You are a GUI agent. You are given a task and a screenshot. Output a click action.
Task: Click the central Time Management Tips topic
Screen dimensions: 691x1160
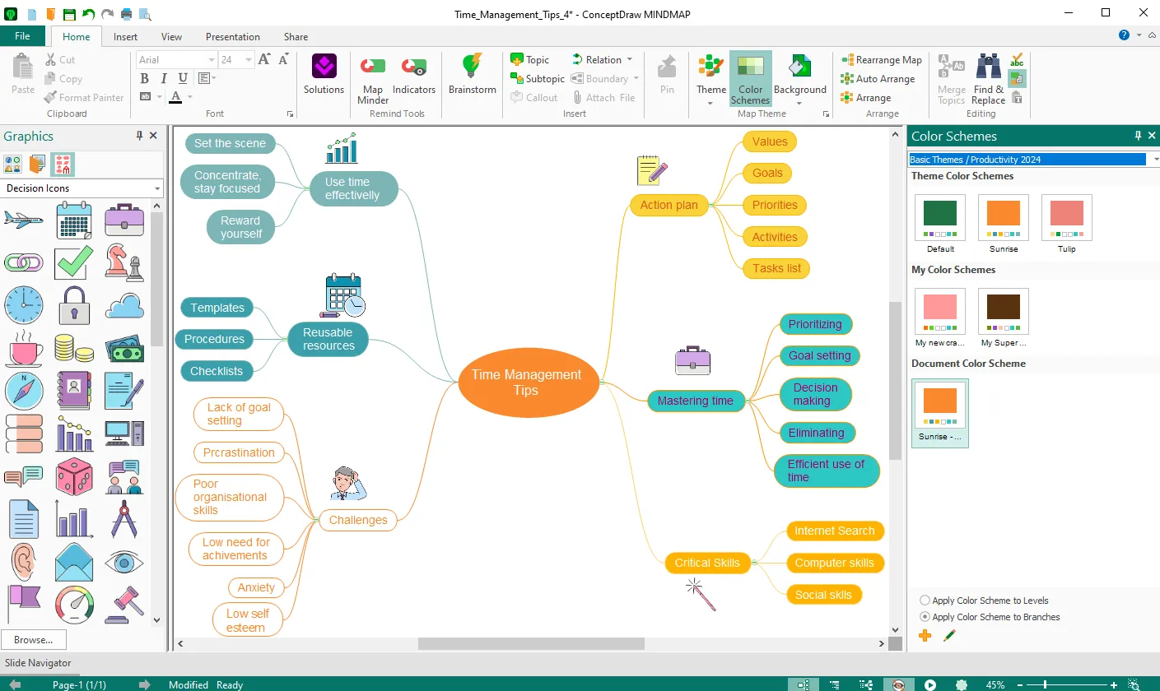pyautogui.click(x=527, y=382)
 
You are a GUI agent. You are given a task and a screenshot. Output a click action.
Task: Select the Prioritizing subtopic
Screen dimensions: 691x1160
pyautogui.click(x=815, y=324)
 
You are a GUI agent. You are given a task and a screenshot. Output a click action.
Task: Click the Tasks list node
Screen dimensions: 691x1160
pyautogui.click(x=776, y=268)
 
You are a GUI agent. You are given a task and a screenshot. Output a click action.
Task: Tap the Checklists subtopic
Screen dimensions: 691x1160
pyautogui.click(x=217, y=371)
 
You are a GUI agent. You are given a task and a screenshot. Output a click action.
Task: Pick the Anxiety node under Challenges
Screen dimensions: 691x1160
pyautogui.click(x=256, y=587)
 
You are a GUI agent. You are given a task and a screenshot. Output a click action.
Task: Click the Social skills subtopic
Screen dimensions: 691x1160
pyautogui.click(x=823, y=595)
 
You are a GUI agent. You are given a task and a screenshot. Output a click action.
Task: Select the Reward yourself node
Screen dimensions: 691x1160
pyautogui.click(x=240, y=227)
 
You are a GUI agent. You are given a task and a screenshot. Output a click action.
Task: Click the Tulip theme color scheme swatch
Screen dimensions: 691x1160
pyautogui.click(x=1066, y=218)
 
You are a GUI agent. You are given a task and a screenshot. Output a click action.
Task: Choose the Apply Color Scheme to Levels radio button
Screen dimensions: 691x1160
pyautogui.click(x=925, y=601)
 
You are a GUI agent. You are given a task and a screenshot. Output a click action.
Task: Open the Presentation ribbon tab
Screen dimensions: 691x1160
pyautogui.click(x=232, y=37)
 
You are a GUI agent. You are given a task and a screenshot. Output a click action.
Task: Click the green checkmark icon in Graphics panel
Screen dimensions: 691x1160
pyautogui.click(x=73, y=262)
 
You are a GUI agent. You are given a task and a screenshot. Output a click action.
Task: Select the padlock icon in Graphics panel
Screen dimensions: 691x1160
pyautogui.click(x=74, y=305)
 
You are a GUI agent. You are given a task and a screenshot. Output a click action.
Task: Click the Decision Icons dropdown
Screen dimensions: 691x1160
pyautogui.click(x=82, y=188)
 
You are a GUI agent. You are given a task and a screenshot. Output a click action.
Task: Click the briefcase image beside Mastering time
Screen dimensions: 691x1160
pyautogui.click(x=692, y=360)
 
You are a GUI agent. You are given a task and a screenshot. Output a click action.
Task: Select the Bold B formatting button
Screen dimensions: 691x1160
pyautogui.click(x=145, y=79)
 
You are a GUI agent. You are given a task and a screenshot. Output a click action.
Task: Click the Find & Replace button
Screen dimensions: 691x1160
pyautogui.click(x=988, y=79)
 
